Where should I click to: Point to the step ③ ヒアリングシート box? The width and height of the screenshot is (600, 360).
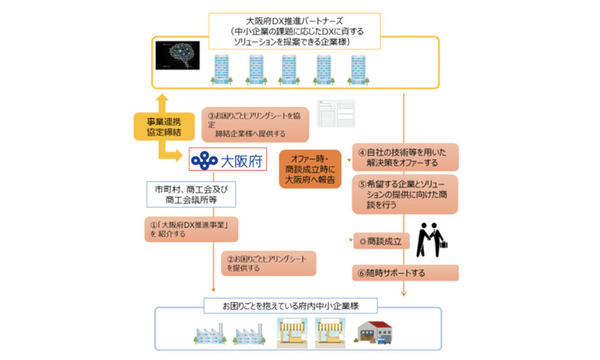[x=254, y=124]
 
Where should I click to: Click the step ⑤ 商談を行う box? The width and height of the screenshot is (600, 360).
[x=405, y=193]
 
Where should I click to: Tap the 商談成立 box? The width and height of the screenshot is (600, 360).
[x=381, y=241]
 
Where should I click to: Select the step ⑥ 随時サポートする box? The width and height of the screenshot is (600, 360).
[x=405, y=272]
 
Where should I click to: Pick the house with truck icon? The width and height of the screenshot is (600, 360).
[x=376, y=333]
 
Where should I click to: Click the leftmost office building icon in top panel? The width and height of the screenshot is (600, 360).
[x=221, y=69]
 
